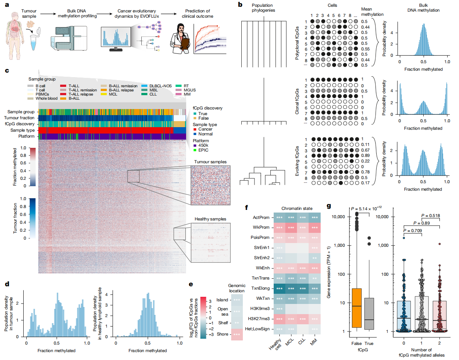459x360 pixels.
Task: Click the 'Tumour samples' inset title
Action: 210,162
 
